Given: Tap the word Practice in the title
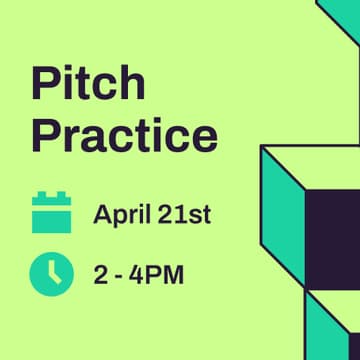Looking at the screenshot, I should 124,134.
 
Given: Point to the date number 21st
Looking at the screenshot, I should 184,213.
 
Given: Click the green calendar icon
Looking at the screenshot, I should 51,213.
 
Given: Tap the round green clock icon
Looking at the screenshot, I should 51,273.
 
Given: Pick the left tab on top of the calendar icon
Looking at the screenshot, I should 41,198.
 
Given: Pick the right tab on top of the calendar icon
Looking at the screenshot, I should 62,198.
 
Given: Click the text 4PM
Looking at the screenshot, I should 158,273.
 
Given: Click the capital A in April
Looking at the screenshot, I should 102,213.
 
